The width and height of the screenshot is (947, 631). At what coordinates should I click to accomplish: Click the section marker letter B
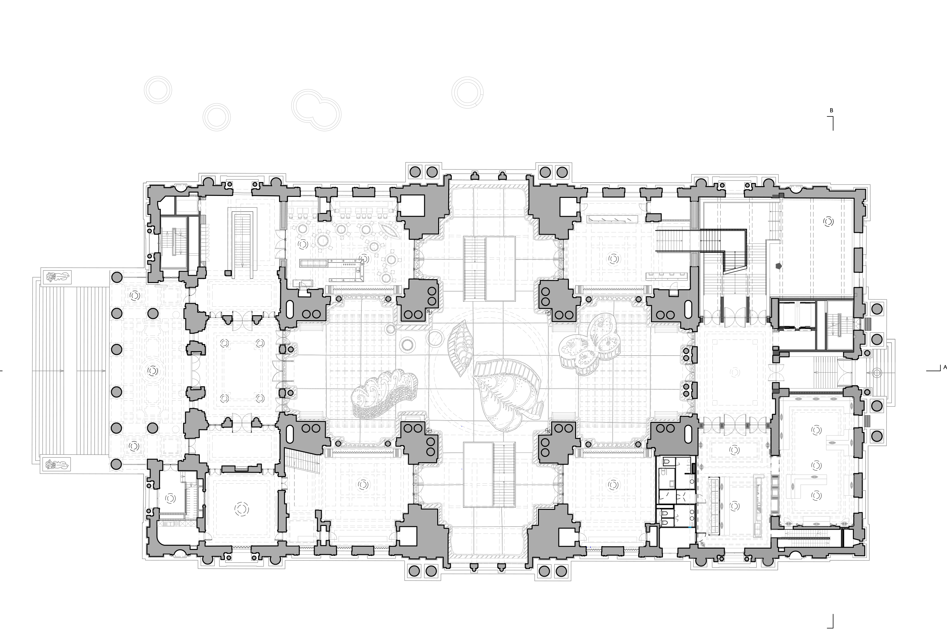(x=831, y=110)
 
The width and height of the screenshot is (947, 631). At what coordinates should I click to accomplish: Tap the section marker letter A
(x=944, y=367)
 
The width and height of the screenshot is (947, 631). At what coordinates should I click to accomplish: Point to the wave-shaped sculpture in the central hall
(x=385, y=392)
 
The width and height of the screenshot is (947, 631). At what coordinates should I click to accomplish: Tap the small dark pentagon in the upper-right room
(x=779, y=266)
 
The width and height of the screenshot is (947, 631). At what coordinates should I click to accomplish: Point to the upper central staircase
(x=489, y=268)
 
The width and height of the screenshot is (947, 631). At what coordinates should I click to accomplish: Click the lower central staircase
(x=489, y=475)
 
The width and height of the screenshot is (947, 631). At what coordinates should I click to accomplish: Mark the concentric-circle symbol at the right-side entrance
(x=878, y=373)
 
